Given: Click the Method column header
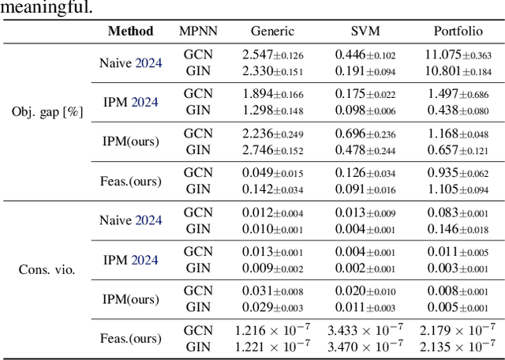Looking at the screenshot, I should [130, 32].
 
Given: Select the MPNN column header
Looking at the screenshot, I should [198, 32].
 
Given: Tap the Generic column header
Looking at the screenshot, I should [272, 32].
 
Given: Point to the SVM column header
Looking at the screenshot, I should [365, 32].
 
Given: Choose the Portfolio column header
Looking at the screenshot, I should [458, 32].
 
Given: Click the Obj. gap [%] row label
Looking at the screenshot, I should [47, 111].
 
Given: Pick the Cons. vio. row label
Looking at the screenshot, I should [47, 269].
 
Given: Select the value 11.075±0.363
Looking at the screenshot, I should [458, 55].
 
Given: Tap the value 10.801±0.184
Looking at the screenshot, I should [458, 71].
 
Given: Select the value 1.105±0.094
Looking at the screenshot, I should [458, 189].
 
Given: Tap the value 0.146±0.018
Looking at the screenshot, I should [458, 229].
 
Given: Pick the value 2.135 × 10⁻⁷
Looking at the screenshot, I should [458, 345].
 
